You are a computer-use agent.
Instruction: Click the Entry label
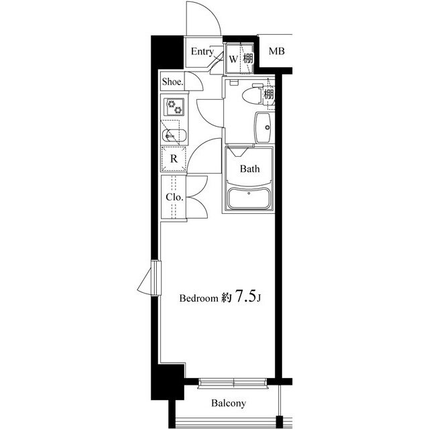[202, 52]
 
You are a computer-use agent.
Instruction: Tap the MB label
[277, 51]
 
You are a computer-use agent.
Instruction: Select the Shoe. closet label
[173, 82]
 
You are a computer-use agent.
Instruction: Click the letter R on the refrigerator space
[174, 159]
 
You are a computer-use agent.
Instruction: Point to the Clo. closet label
[174, 197]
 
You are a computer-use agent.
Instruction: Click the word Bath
[249, 169]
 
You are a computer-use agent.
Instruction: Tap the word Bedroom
[198, 298]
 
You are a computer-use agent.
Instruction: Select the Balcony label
[229, 403]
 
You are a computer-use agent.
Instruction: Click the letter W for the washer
[233, 59]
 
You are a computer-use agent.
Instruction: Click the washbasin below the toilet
[263, 127]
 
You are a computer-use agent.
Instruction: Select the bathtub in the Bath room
[249, 198]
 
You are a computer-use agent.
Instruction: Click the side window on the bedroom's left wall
[156, 278]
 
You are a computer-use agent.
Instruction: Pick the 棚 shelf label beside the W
[248, 58]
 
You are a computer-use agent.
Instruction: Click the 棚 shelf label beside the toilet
[268, 95]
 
